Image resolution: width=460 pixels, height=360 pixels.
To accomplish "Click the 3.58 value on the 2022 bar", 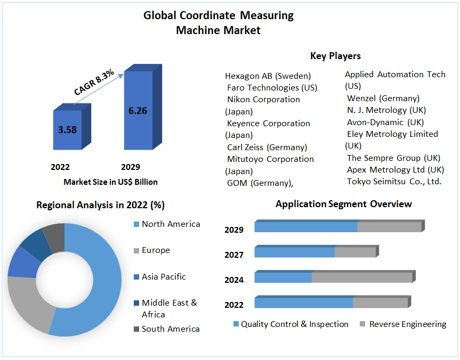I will coord(67,129).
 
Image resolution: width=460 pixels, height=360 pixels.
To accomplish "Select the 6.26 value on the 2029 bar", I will coord(138,111).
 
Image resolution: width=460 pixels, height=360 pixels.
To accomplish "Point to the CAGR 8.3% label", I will coord(94,83).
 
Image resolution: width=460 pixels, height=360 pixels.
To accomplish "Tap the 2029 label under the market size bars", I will coord(131,167).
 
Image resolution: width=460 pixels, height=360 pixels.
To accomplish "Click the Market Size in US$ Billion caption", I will coord(110,182).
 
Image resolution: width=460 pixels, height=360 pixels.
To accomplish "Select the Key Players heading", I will coord(335,56).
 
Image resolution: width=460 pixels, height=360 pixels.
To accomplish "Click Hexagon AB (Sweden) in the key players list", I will coord(268,76).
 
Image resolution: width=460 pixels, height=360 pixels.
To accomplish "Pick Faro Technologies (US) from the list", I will coord(272,87).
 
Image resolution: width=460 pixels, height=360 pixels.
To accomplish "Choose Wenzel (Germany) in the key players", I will coord(383,98).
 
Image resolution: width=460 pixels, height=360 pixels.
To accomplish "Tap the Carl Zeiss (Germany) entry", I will coord(267,147).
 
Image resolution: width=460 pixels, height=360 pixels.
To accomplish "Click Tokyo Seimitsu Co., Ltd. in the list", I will coord(394,182).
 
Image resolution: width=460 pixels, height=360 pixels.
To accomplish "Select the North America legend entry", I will coord(171,224).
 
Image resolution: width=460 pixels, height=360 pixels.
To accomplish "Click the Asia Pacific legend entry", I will coord(164,277).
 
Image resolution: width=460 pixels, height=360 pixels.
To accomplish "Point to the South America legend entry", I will coord(170,329).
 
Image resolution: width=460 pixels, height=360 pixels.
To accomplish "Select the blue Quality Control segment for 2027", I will coord(294,252).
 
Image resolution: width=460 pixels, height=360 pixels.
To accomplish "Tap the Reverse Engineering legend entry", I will coord(407,324).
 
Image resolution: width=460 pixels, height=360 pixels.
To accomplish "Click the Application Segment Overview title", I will coord(343,204).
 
